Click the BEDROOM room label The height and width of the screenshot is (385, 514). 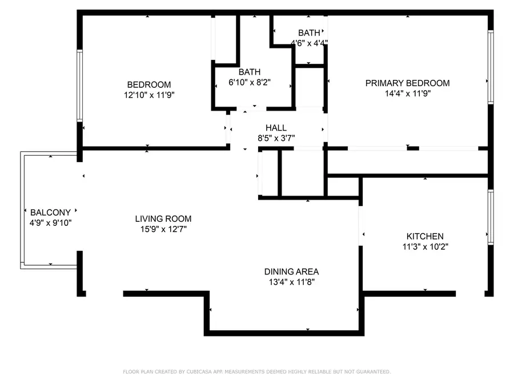tap(148, 85)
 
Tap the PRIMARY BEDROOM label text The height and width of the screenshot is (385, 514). tap(407, 83)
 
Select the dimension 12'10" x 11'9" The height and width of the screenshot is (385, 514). tap(148, 95)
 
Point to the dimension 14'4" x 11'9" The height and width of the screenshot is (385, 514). tap(407, 94)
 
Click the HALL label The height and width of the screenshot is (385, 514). tap(276, 128)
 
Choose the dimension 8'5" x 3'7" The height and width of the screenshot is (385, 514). tap(276, 137)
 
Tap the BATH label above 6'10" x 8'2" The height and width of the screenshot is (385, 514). tap(250, 72)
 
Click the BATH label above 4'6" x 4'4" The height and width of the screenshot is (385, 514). tap(308, 33)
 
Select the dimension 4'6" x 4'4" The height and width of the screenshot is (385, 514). tap(308, 43)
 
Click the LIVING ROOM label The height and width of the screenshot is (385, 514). tap(163, 218)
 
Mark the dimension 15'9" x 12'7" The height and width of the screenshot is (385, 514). tap(163, 229)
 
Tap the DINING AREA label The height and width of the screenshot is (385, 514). tap(291, 271)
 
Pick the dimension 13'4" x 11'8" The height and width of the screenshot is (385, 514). tap(291, 282)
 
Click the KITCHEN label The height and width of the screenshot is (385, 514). tap(424, 236)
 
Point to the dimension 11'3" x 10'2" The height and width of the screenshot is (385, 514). tap(424, 246)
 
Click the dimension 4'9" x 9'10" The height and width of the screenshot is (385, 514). tap(50, 222)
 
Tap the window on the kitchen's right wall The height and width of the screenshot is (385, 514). tap(490, 217)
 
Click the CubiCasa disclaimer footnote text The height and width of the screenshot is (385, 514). tap(257, 372)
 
